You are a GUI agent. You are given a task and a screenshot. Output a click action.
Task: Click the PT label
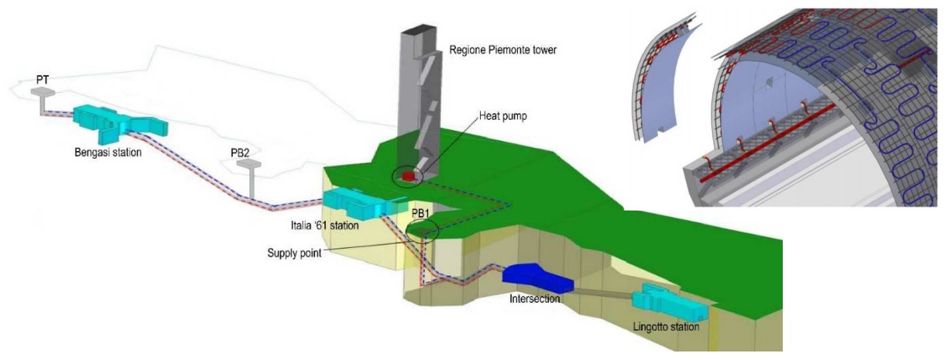[x=43, y=80]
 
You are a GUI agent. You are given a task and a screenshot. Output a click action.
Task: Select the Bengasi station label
[x=108, y=153]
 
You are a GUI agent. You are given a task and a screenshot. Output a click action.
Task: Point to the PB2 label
[x=240, y=153]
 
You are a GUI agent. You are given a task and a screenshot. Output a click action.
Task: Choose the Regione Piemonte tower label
[x=502, y=50]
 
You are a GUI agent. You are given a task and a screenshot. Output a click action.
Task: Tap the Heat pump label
[x=503, y=116]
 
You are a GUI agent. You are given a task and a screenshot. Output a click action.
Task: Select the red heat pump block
[x=409, y=176]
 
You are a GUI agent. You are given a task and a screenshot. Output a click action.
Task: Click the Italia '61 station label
[x=324, y=225]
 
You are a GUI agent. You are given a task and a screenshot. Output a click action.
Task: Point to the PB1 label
[x=420, y=213]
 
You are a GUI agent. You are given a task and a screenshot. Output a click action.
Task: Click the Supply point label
[x=294, y=253]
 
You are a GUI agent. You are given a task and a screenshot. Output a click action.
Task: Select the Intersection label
[x=534, y=299]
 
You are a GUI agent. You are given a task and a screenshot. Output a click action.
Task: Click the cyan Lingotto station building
[x=669, y=302]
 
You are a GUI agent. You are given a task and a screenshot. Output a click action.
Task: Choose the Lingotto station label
[x=666, y=327]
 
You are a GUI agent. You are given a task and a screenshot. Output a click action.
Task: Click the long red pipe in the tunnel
[x=767, y=143]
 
